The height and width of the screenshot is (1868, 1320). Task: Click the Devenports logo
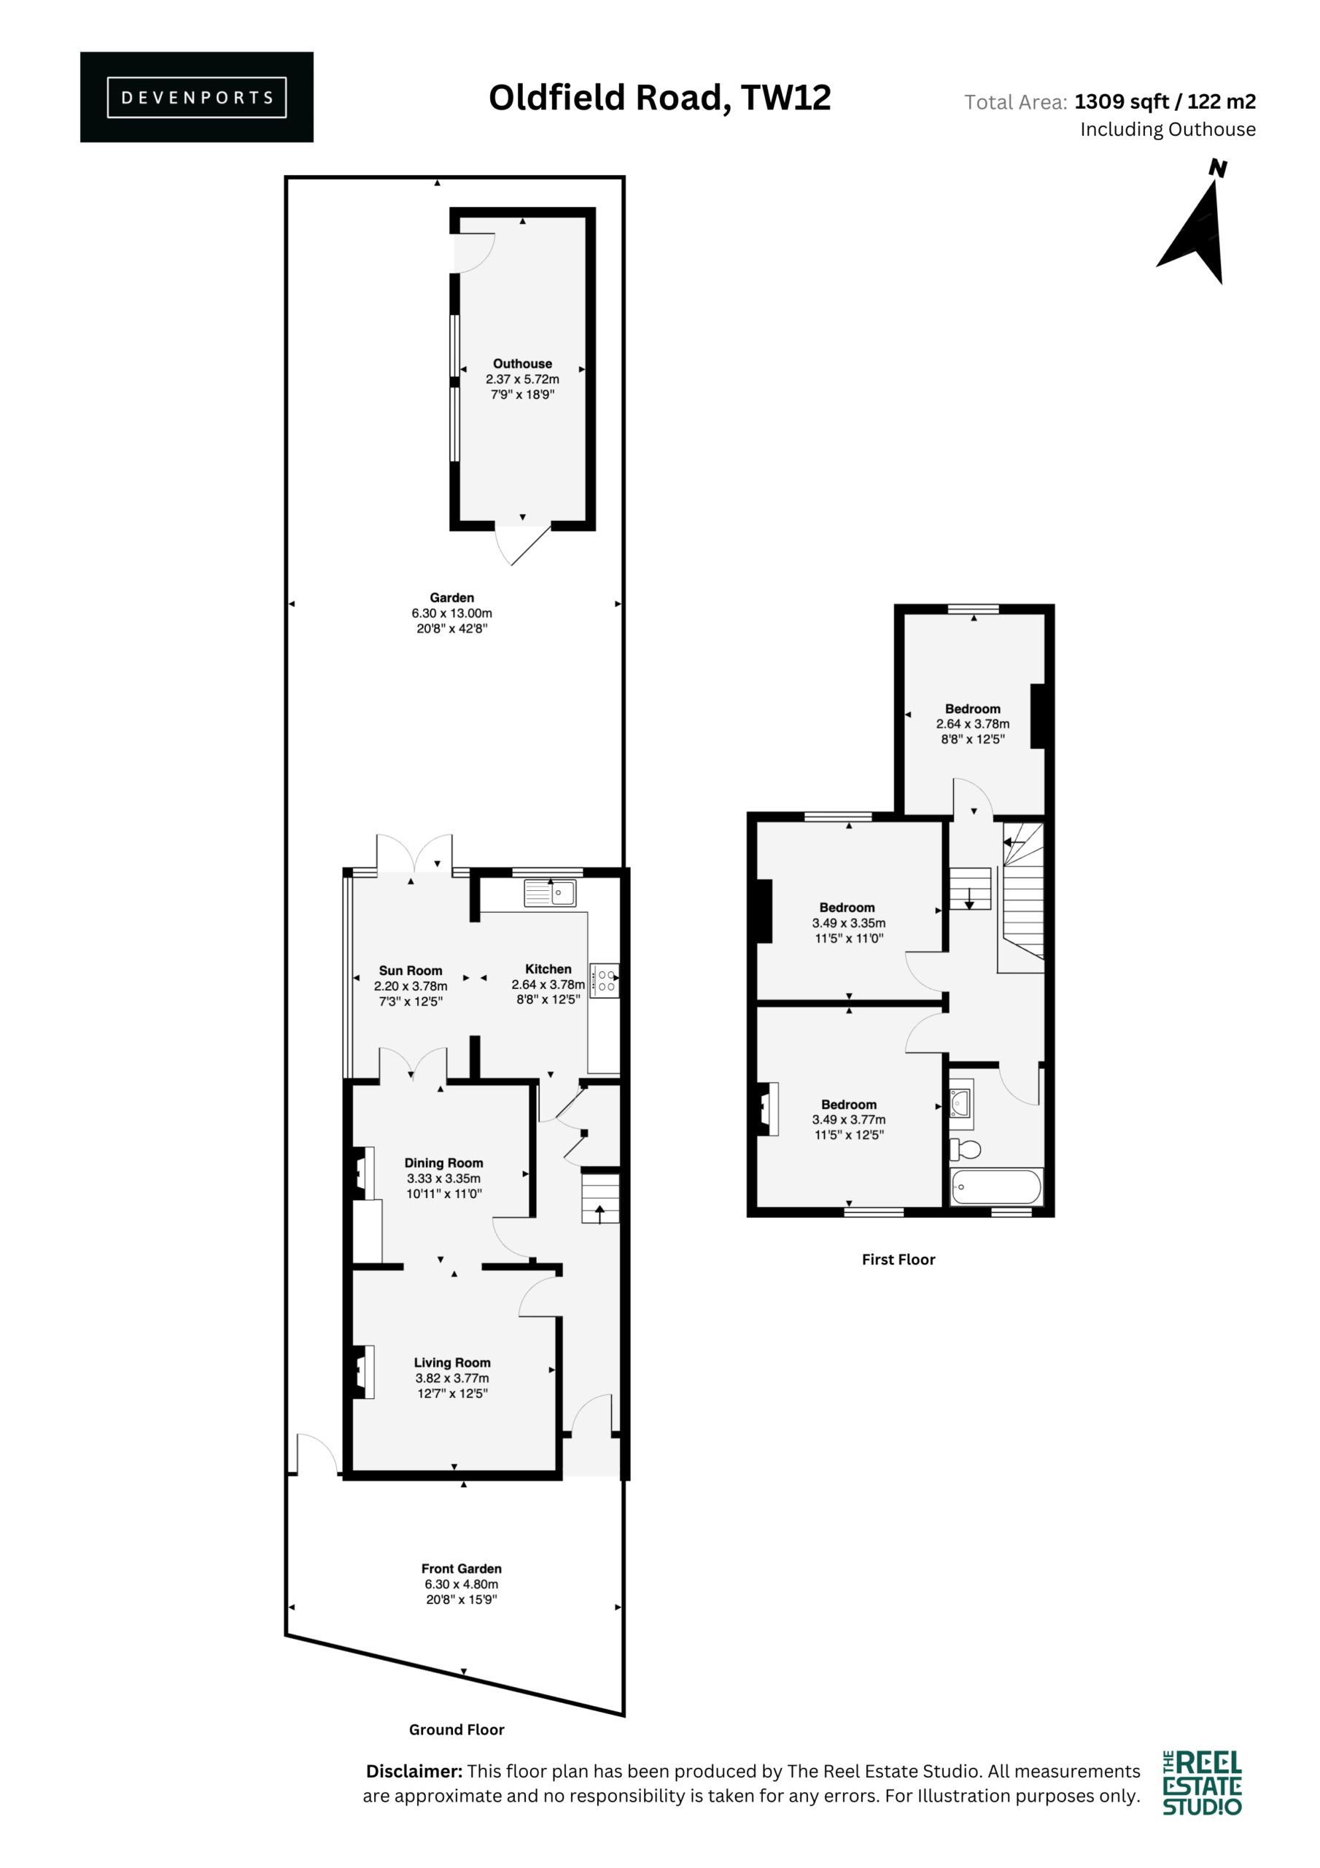click(197, 97)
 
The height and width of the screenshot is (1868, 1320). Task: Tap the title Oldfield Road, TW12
click(659, 98)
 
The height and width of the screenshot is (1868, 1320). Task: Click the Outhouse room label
click(522, 363)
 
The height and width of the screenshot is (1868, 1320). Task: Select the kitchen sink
click(550, 892)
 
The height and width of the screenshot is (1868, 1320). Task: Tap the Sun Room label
click(411, 970)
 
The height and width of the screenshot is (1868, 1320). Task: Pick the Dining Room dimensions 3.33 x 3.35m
click(444, 1178)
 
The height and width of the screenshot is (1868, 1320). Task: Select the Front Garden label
click(461, 1568)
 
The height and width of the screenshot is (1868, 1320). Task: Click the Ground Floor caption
click(457, 1729)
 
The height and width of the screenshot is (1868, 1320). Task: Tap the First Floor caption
click(898, 1259)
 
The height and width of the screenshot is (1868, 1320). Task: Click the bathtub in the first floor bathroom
click(996, 1187)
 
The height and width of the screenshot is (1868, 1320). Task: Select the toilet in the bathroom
click(966, 1149)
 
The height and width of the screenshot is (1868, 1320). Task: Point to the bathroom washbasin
click(961, 1103)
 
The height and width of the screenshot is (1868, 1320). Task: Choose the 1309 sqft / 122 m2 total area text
click(1165, 101)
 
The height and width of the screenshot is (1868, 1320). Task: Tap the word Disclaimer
click(414, 1771)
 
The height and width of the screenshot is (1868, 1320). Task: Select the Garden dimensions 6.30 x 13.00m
click(451, 614)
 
